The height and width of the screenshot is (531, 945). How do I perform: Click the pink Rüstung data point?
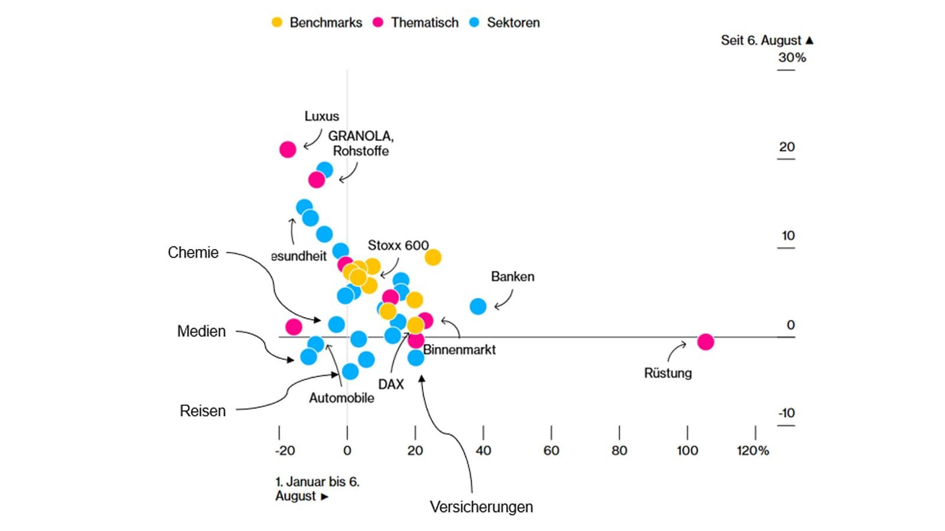[705, 342]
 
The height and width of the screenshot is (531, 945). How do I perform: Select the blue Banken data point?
[478, 306]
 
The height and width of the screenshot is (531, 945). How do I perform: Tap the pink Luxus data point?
[288, 149]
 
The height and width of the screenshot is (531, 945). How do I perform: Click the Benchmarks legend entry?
[317, 22]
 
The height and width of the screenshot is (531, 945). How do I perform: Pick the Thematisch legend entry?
[416, 22]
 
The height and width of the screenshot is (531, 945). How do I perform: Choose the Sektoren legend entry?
[505, 22]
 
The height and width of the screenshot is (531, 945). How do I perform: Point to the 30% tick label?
[791, 58]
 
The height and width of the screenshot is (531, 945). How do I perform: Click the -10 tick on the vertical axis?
[786, 413]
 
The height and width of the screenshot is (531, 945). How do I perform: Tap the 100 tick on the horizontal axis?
[687, 451]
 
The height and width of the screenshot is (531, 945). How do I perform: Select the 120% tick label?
[753, 451]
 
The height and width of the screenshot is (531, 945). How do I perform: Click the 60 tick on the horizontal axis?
[551, 451]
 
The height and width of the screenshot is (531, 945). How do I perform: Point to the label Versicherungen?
[481, 507]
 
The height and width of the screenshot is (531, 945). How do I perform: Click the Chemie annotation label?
[193, 253]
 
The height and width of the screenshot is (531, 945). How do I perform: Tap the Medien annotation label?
[201, 332]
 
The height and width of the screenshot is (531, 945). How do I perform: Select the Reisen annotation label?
[203, 411]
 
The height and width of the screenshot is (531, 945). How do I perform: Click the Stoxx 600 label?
[398, 245]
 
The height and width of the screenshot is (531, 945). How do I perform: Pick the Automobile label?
[341, 398]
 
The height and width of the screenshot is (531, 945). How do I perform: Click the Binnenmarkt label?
[460, 350]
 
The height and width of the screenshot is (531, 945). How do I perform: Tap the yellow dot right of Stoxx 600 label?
[433, 257]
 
